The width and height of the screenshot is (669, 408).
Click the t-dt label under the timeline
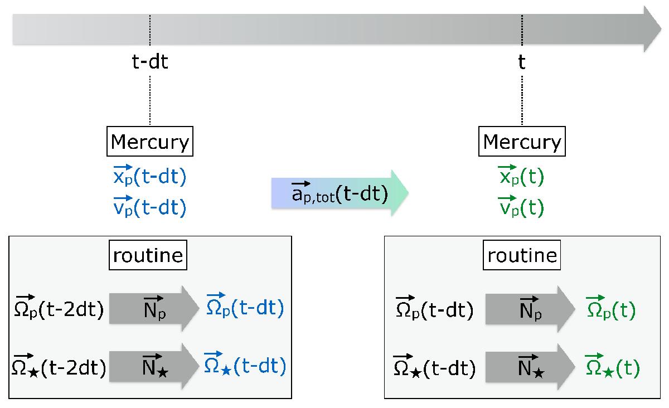click(x=150, y=62)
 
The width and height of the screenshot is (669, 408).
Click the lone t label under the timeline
click(x=521, y=62)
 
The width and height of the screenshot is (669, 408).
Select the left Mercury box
click(x=150, y=141)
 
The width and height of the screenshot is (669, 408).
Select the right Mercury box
click(x=522, y=141)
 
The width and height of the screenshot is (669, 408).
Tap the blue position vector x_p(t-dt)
click(x=149, y=176)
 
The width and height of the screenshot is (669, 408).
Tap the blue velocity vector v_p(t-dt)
click(x=149, y=206)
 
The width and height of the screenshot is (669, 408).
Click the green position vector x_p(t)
click(x=521, y=176)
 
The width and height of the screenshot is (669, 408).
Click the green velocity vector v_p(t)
click(x=521, y=206)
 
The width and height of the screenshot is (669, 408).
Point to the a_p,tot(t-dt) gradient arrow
click(x=340, y=193)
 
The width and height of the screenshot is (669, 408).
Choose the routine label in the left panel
click(x=148, y=255)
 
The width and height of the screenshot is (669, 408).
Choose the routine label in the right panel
click(x=522, y=255)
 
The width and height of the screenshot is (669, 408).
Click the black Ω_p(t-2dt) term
click(x=59, y=307)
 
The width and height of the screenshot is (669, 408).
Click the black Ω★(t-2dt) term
click(x=59, y=366)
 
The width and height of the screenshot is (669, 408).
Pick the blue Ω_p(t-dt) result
click(x=245, y=305)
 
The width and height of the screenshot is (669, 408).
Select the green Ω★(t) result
click(x=612, y=366)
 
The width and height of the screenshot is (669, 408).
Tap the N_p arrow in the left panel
click(x=154, y=308)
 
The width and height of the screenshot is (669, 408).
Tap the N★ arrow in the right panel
click(x=530, y=367)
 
